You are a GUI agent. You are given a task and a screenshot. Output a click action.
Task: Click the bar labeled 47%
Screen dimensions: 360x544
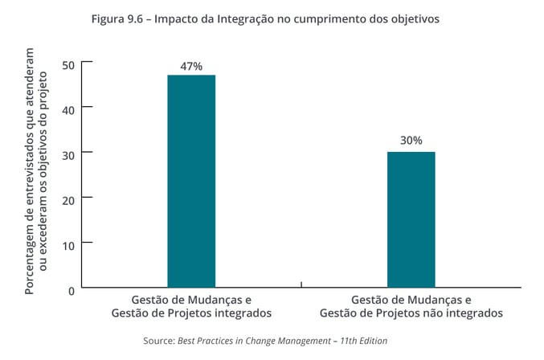[190, 180]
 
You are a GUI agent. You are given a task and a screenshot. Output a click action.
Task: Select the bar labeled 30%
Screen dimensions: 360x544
[411, 219]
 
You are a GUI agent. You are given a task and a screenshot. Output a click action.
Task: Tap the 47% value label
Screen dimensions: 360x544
[190, 66]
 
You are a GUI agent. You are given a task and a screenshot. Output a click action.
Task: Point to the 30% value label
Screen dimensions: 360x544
[411, 140]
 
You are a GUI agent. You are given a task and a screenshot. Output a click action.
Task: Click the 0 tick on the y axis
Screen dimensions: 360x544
[71, 289]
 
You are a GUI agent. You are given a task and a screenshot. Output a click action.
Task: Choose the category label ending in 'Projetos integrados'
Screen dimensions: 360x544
[190, 306]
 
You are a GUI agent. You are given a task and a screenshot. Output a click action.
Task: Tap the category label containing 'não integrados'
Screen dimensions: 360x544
[411, 306]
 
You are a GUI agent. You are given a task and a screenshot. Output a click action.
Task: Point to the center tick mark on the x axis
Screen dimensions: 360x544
[301, 284]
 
